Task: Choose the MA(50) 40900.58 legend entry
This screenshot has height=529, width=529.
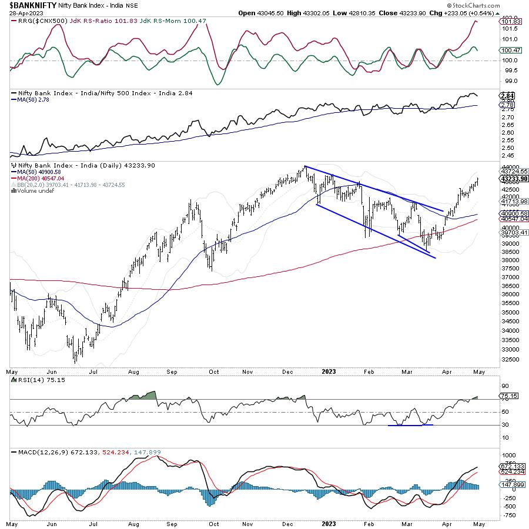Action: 38,172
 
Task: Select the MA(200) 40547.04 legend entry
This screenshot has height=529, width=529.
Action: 40,178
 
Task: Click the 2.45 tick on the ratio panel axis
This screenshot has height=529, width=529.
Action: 507,156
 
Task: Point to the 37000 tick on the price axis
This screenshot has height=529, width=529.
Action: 509,276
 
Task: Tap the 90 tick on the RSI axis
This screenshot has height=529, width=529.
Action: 504,386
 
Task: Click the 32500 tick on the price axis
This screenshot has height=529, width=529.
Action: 509,359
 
